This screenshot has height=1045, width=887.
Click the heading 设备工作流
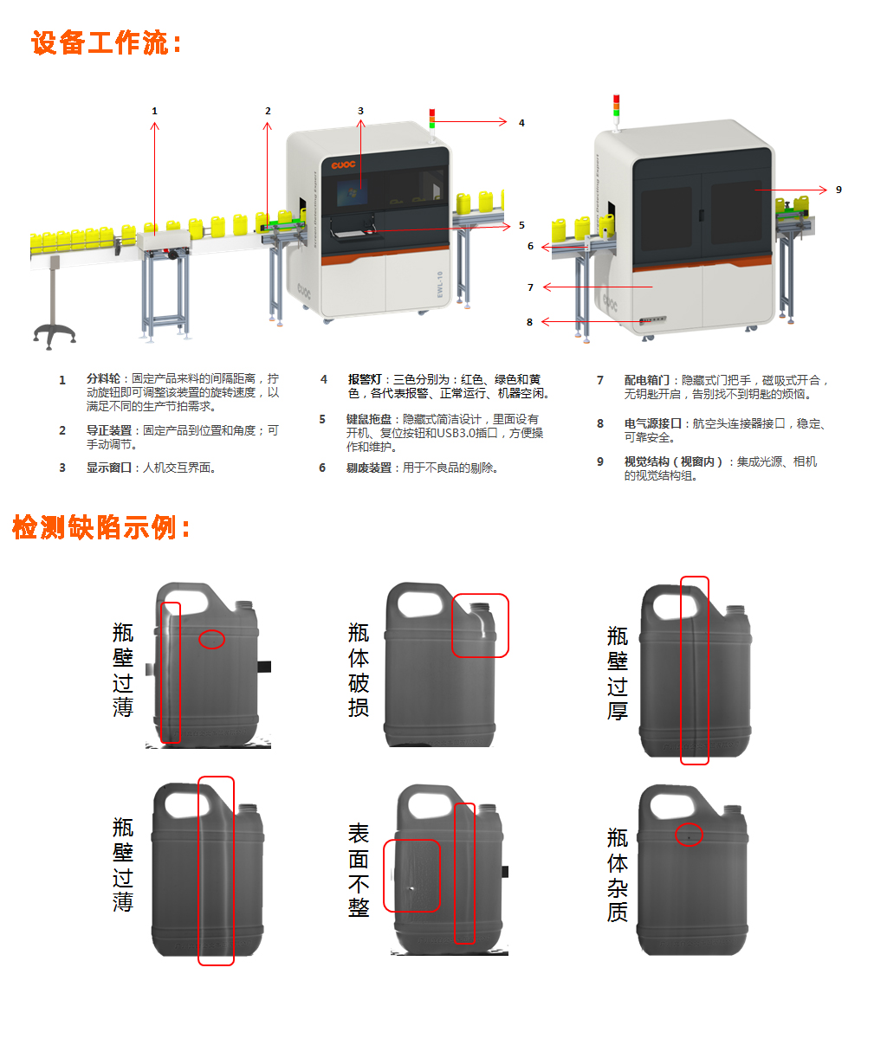tap(107, 42)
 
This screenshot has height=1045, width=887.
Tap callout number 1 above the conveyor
tap(155, 111)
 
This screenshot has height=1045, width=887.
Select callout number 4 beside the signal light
tap(521, 123)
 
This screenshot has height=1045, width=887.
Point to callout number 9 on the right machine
tap(838, 190)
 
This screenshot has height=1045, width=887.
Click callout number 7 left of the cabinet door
tap(530, 287)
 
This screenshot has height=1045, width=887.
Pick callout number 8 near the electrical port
tap(529, 322)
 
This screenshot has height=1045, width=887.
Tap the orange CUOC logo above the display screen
tap(343, 164)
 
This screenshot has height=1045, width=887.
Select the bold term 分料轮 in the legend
tap(103, 379)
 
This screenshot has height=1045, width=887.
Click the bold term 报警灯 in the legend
tap(365, 379)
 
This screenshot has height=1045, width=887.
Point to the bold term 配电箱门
tap(646, 380)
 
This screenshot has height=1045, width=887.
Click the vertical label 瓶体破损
tap(359, 670)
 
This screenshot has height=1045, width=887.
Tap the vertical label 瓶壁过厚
tap(618, 674)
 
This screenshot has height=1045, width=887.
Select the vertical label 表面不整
tap(359, 870)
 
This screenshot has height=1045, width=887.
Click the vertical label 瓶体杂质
tap(618, 874)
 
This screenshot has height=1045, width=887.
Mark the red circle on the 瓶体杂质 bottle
tap(689, 835)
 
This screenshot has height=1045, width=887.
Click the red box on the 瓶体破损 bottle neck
tap(480, 625)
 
